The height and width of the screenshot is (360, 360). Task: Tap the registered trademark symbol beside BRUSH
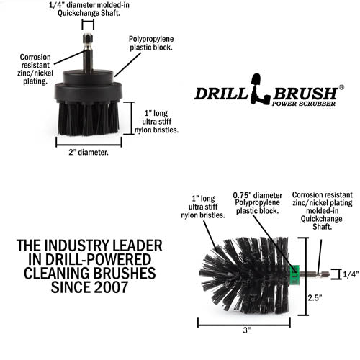pos(341,86)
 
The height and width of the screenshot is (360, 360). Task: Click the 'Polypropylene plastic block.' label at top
pos(151,44)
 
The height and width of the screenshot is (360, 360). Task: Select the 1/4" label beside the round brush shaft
pos(350,273)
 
